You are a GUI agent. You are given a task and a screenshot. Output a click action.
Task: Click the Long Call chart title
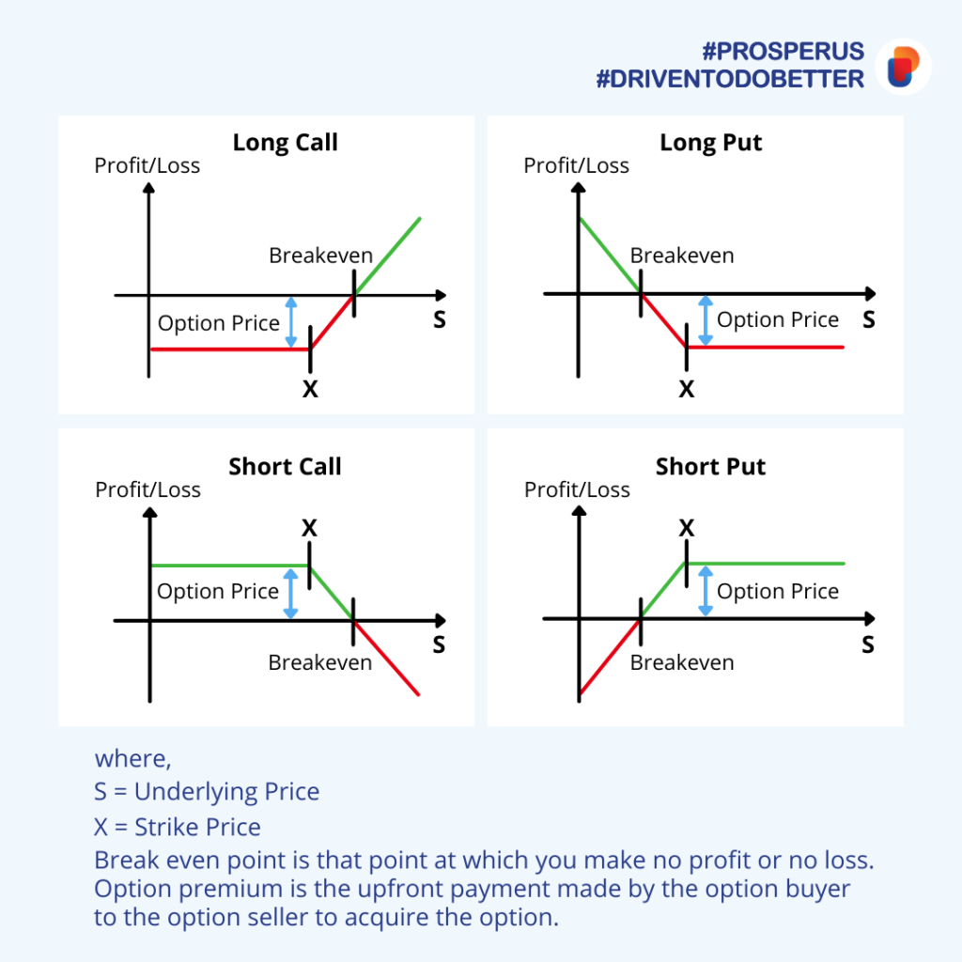pyautogui.click(x=285, y=143)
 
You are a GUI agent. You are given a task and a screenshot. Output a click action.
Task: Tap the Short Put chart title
pyautogui.click(x=710, y=467)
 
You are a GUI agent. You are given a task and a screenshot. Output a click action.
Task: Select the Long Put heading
pyautogui.click(x=710, y=143)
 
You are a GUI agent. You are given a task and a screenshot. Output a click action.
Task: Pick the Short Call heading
pyautogui.click(x=285, y=467)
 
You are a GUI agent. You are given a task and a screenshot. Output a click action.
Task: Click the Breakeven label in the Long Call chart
pyautogui.click(x=321, y=256)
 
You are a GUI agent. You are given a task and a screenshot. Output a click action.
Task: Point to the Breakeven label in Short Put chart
pyautogui.click(x=682, y=662)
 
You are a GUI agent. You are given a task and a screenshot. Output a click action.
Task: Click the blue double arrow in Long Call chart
pyautogui.click(x=291, y=322)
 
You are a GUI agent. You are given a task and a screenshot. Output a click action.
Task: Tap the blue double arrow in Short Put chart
pyautogui.click(x=706, y=591)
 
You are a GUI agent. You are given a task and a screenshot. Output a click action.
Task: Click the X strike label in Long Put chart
pyautogui.click(x=687, y=389)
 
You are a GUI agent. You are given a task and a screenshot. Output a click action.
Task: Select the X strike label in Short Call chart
pyautogui.click(x=309, y=528)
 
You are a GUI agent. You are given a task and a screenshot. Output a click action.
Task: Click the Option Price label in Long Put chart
pyautogui.click(x=777, y=319)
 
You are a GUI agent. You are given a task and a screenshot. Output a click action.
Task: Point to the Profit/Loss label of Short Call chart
pyautogui.click(x=147, y=489)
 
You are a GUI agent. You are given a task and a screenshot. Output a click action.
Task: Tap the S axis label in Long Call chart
pyautogui.click(x=440, y=319)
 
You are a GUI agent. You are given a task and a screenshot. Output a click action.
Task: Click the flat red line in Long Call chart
pyautogui.click(x=230, y=349)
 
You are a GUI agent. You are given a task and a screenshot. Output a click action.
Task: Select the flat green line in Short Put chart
pyautogui.click(x=766, y=564)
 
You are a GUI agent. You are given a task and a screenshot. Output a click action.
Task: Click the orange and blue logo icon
pyautogui.click(x=903, y=67)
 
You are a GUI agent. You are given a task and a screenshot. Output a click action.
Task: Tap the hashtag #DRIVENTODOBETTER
pyautogui.click(x=730, y=79)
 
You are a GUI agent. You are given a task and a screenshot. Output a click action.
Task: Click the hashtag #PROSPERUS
pyautogui.click(x=783, y=52)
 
